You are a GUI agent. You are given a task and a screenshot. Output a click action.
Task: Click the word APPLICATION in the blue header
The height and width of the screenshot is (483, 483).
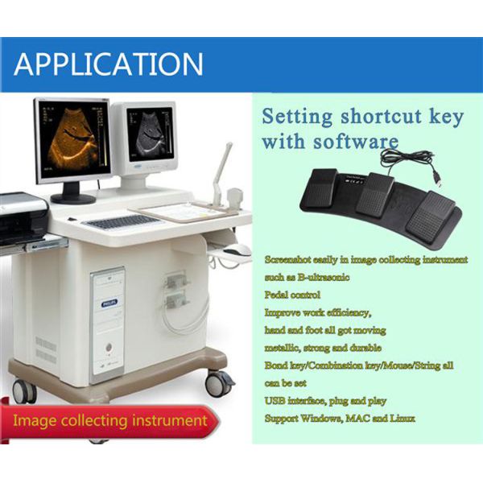point(109,64)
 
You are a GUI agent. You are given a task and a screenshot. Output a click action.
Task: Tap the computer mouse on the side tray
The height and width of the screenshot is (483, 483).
point(233,250)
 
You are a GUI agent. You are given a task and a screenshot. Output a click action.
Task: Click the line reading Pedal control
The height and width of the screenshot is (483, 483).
point(292,295)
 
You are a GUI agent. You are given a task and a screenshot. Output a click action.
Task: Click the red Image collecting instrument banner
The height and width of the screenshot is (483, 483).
point(109,420)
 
